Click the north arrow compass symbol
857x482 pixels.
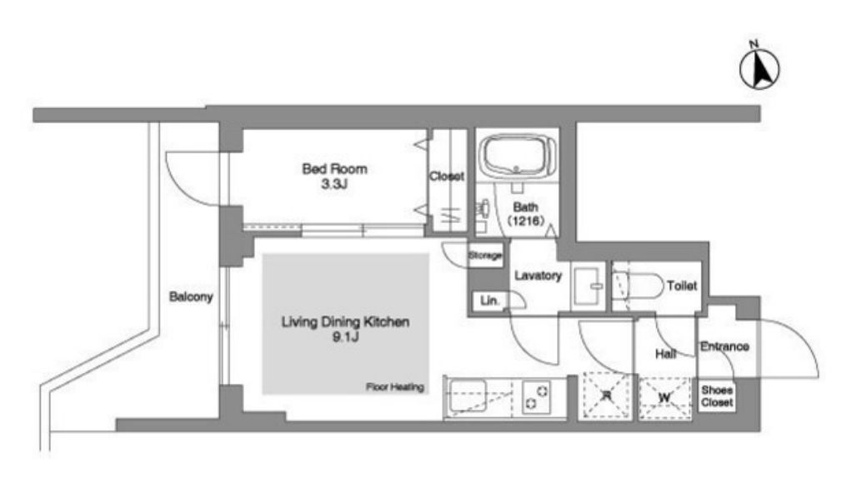point(759,69)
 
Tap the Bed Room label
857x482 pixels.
point(334,169)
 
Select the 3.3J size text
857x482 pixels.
point(334,184)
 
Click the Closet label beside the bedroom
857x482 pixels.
point(447,176)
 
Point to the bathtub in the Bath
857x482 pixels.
point(518,156)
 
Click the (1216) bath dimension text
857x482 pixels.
point(526,221)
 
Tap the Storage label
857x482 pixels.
point(485,255)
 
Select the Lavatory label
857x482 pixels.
point(538,276)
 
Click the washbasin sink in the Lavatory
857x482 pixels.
point(588,286)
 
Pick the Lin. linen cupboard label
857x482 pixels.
point(489,301)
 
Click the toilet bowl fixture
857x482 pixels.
point(637,286)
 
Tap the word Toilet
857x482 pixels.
point(682,286)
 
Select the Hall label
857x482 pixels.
point(666,355)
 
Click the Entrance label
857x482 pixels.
point(724,346)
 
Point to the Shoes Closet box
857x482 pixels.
point(717,396)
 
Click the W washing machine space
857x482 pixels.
point(664,398)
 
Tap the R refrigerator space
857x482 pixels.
point(606,396)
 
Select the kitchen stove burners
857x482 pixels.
point(536,397)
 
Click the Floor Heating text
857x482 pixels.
point(394,387)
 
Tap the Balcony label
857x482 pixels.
point(191,297)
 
